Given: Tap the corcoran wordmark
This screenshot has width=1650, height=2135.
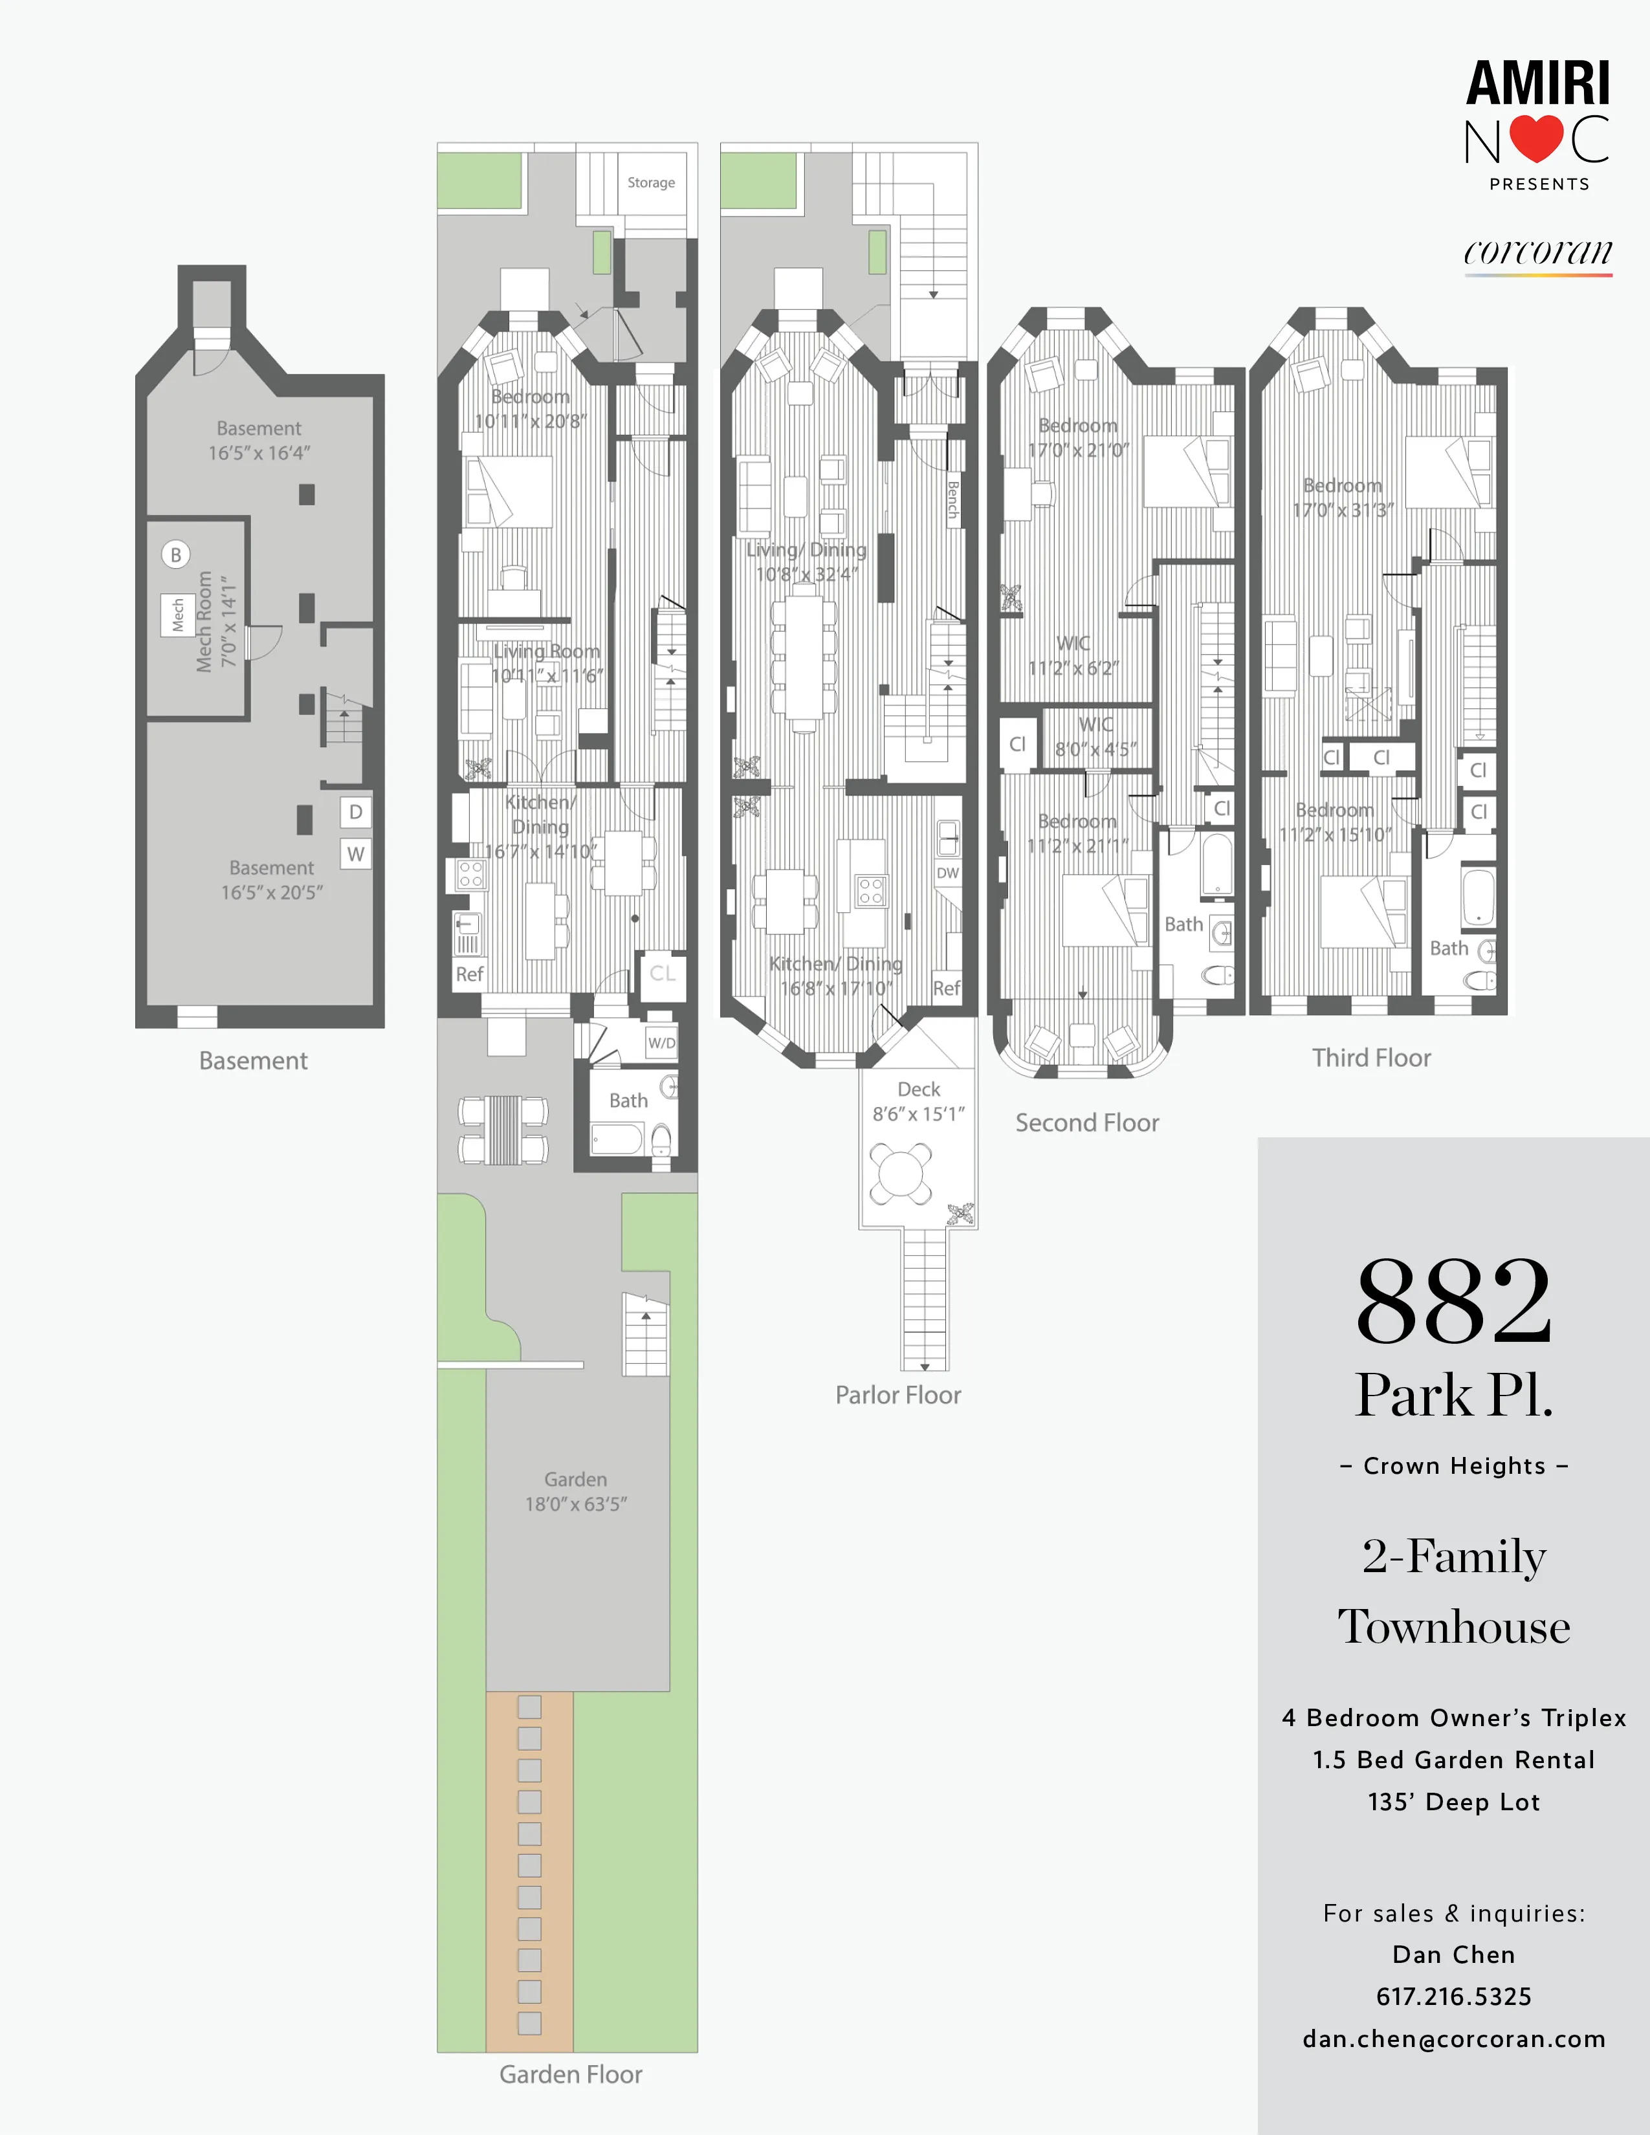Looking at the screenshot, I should tap(1537, 252).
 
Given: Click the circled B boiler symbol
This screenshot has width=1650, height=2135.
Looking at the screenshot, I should tap(176, 555).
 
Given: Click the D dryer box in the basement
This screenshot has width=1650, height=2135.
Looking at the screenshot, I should tap(356, 811).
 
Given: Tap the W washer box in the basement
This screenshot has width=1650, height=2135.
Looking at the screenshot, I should tap(356, 853).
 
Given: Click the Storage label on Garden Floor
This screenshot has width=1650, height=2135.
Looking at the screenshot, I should tap(651, 183).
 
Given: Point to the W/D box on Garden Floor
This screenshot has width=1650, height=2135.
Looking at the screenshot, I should tap(662, 1043).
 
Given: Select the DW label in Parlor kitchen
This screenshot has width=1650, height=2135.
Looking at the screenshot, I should tap(947, 873).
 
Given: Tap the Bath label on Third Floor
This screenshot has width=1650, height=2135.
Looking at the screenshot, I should tap(1449, 948).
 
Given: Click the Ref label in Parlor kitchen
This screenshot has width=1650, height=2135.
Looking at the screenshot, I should tap(946, 989).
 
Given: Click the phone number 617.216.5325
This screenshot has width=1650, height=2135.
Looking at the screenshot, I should tap(1453, 1996).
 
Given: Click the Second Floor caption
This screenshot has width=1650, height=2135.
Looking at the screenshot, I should tap(1087, 1123).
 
